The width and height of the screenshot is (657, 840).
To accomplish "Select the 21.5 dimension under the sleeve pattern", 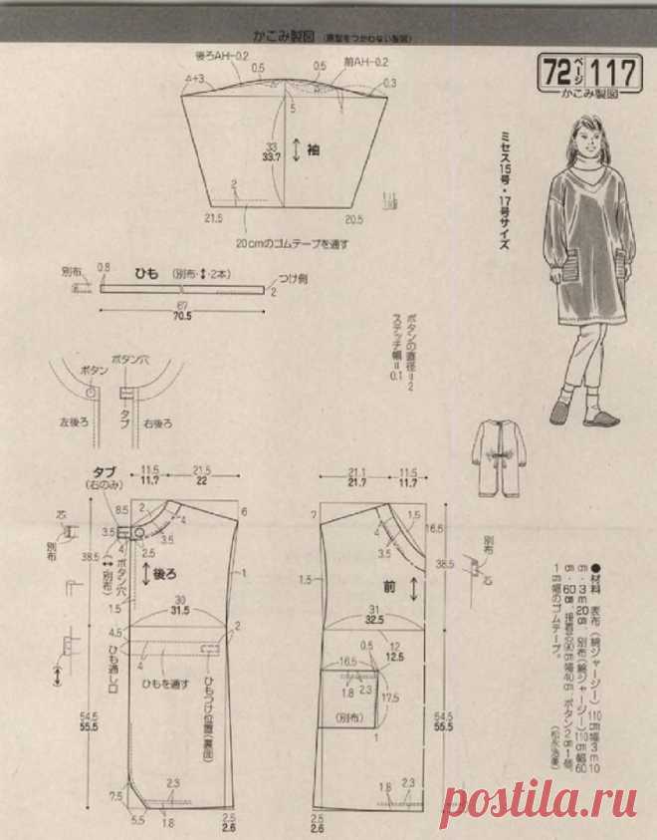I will point(213,216).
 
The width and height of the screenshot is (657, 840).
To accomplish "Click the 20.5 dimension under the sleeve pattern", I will point(352,216).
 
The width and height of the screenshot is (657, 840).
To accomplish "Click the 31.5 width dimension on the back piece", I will point(180,612).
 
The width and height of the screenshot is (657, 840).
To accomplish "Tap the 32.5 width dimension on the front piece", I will point(376,618).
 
